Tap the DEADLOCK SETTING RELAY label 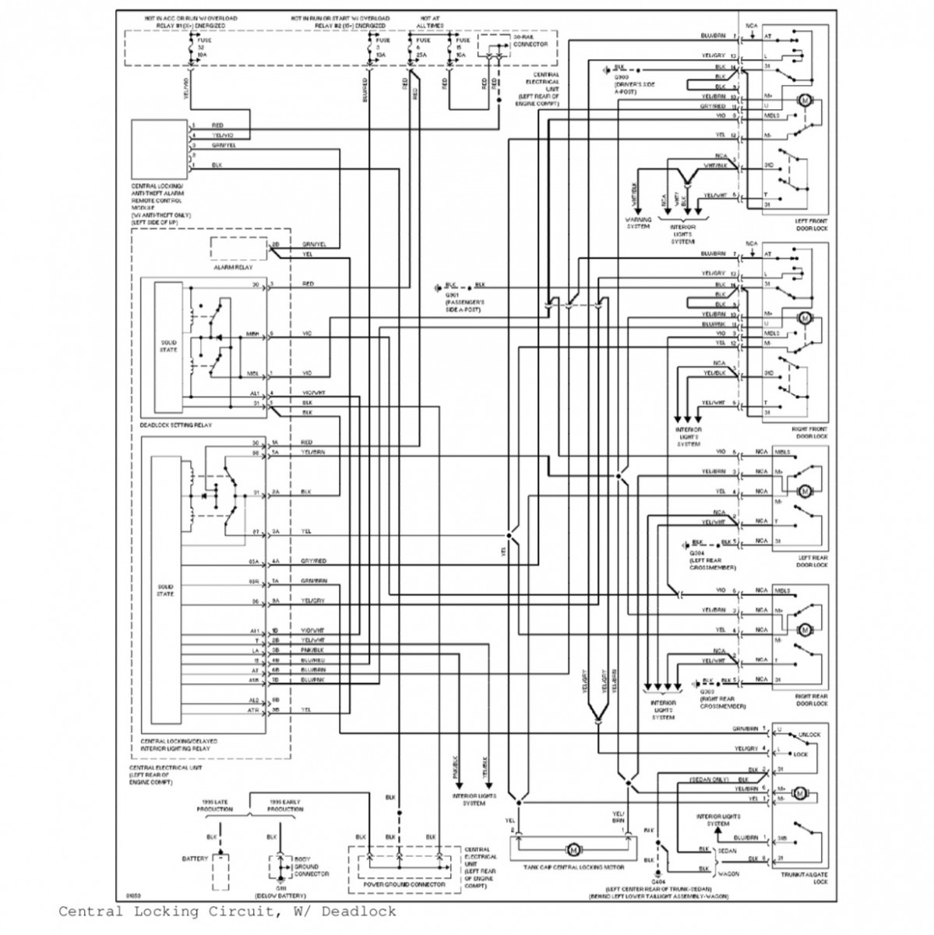click(175, 425)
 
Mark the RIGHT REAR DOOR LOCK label click(810, 700)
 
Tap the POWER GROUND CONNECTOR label click(405, 885)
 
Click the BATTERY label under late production click(195, 858)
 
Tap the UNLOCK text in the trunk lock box click(809, 734)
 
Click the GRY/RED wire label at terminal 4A click(315, 561)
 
